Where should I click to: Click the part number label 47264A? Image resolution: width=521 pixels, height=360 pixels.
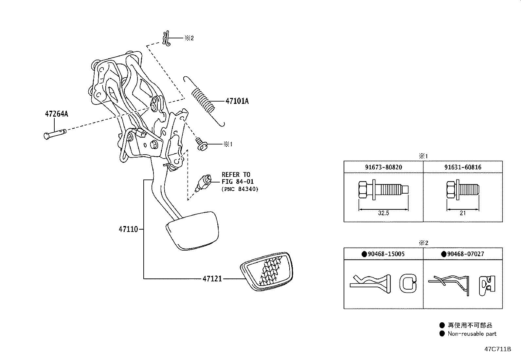point(56,114)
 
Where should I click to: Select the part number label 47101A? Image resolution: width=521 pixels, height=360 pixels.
point(237,101)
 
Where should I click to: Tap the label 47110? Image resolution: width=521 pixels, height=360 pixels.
point(128,229)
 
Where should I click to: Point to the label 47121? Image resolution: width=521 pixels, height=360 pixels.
point(212,279)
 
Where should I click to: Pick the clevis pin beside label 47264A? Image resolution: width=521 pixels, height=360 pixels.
point(54,134)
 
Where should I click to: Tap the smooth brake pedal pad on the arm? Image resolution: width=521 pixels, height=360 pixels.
point(192,229)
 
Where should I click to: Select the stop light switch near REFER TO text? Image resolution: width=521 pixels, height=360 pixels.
point(203,183)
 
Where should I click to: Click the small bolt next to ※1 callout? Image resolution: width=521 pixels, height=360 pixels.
point(201,144)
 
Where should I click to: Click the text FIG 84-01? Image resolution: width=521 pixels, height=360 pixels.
point(238,181)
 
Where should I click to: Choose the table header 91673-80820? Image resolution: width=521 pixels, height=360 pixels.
point(383,167)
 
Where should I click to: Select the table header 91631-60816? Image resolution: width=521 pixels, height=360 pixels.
point(463,167)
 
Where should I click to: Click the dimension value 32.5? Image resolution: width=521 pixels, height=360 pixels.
point(383,213)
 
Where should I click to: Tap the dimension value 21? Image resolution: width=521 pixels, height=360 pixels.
point(462,213)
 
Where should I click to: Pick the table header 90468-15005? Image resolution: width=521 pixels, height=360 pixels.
point(383,254)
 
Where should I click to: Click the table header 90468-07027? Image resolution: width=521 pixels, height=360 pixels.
point(463,254)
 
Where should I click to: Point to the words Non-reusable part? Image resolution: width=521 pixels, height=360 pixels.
point(472,334)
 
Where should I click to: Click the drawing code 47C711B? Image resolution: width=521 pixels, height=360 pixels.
point(497,349)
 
